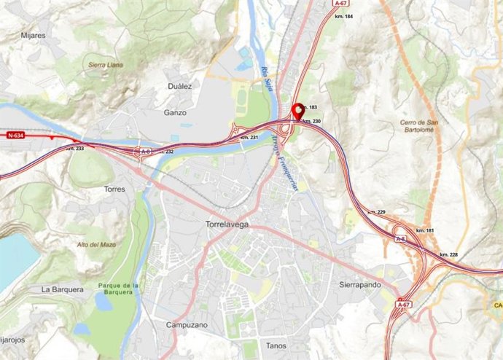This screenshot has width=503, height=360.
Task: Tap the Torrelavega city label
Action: click(227, 224)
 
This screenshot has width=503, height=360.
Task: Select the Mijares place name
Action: click(34, 34)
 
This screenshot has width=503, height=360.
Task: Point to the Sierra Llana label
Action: click(106, 65)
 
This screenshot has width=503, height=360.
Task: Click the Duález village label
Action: click(178, 86)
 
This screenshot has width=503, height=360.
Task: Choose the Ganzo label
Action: click(175, 113)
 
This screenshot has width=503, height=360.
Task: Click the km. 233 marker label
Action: click(74, 148)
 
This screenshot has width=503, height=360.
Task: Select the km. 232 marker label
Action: click(165, 152)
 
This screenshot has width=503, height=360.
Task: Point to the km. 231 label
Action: click(249, 137)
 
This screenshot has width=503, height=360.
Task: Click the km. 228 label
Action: click(449, 254)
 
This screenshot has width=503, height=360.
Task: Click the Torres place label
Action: click(114, 189)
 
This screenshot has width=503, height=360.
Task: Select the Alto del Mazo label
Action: click(97, 245)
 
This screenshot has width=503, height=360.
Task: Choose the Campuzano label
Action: click(187, 324)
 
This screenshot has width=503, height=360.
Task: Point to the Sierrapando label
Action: click(361, 284)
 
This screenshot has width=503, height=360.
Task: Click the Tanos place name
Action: click(276, 346)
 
